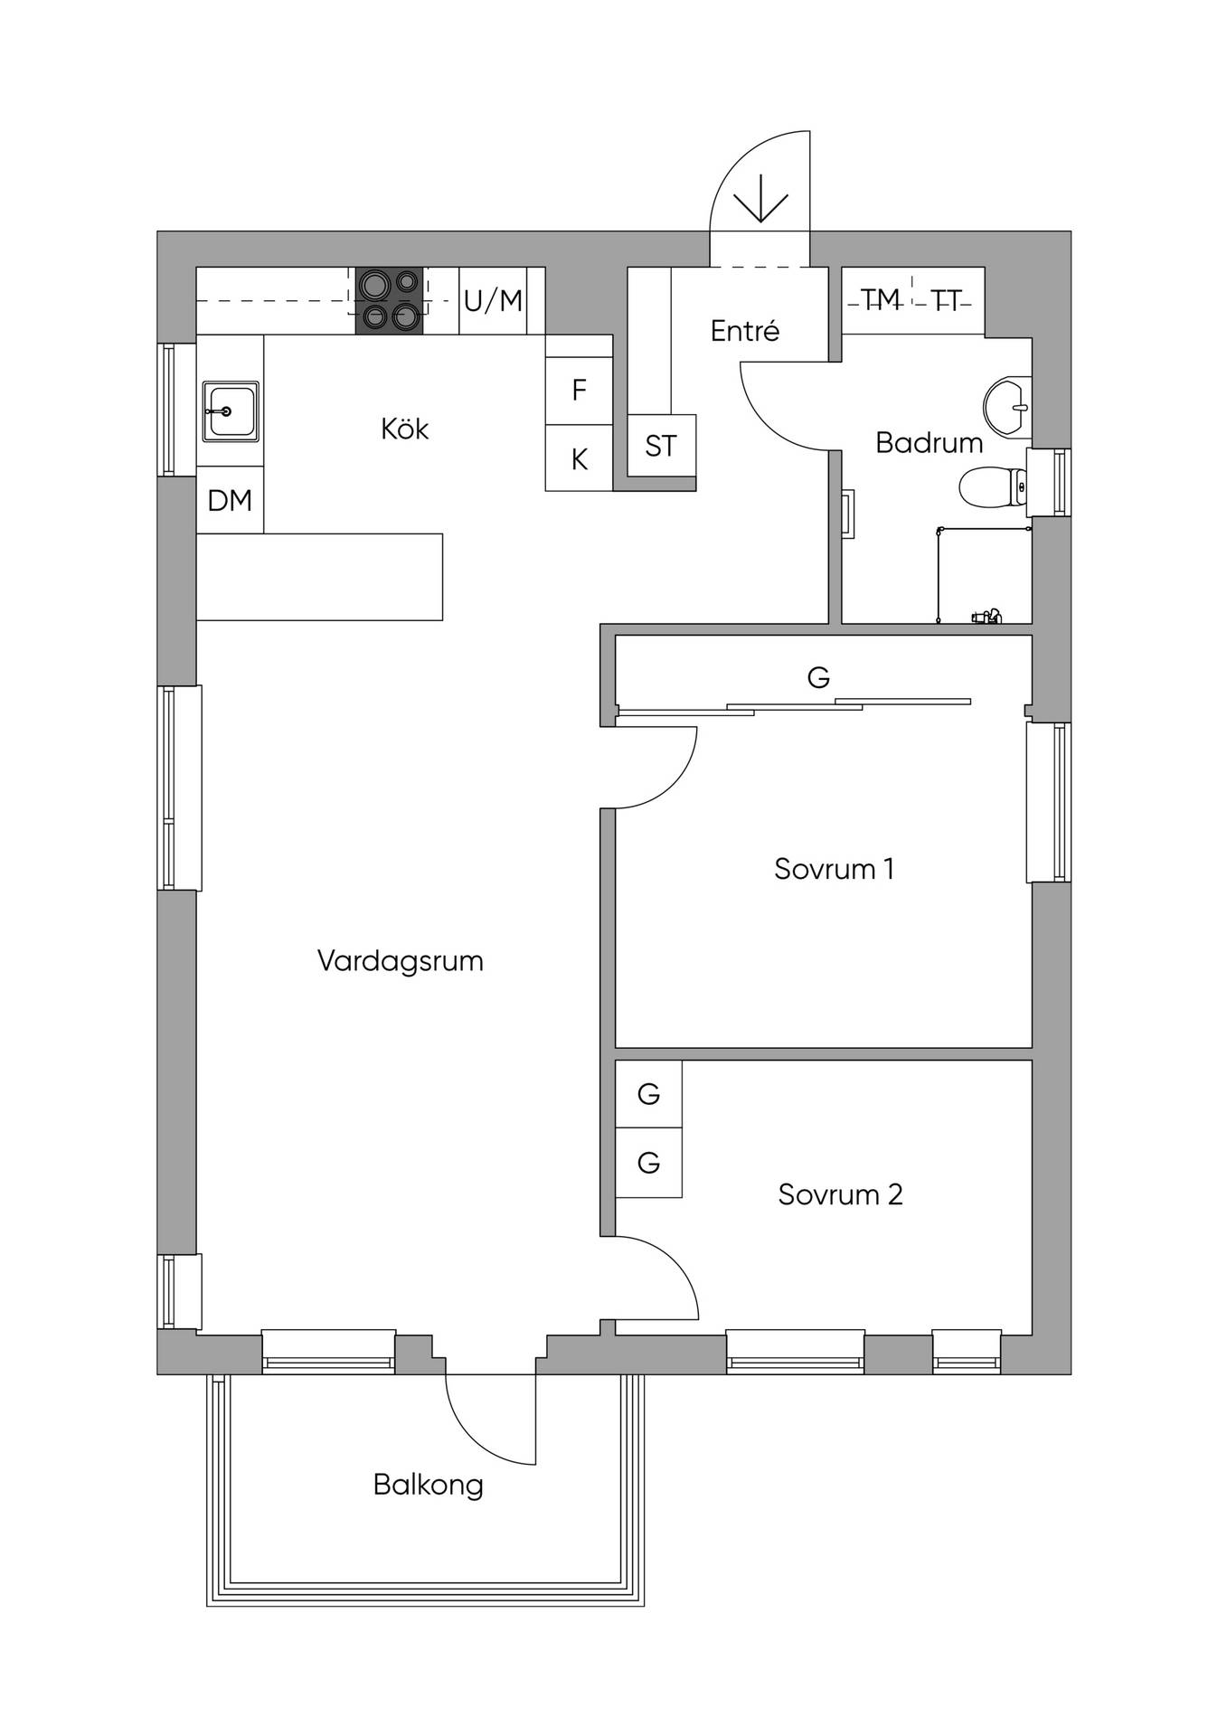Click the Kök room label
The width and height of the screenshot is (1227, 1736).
click(x=404, y=429)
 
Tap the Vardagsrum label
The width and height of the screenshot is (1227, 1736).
click(x=401, y=961)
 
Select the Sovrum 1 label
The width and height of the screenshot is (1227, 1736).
click(x=834, y=869)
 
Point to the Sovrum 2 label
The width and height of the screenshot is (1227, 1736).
click(x=840, y=1194)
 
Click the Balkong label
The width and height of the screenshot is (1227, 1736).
click(x=428, y=1485)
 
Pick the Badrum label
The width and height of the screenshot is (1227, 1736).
click(x=929, y=443)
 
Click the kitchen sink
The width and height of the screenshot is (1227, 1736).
click(x=231, y=411)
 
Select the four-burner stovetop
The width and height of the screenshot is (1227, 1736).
click(x=389, y=301)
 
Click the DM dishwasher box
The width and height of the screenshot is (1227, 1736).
click(x=230, y=500)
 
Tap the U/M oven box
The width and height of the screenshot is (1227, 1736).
click(x=493, y=300)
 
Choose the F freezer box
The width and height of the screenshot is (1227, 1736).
click(x=579, y=391)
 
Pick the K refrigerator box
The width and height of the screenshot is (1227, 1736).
click(x=579, y=458)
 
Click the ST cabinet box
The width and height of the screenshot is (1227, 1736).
click(x=661, y=446)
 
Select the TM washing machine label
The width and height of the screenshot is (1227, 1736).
click(x=880, y=299)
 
